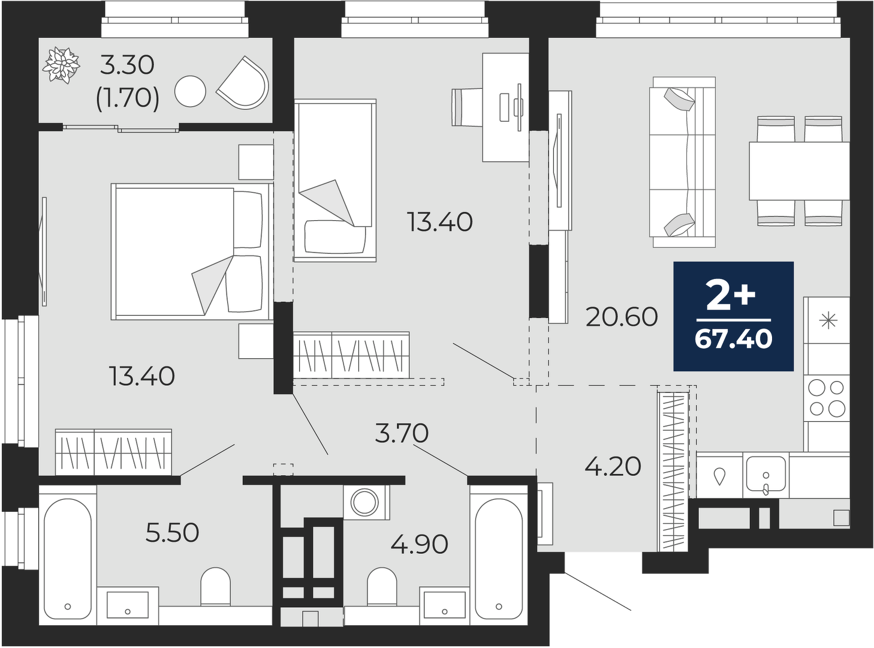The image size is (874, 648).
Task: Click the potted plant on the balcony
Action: [61, 65]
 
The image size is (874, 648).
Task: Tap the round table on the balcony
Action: [190, 91]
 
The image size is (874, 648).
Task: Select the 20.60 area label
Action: [622, 317]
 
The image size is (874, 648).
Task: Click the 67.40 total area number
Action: [733, 339]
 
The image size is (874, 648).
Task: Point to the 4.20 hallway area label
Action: [613, 467]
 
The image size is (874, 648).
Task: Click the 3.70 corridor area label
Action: [402, 433]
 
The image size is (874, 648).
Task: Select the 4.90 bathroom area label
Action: [419, 544]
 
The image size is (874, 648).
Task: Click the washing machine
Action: [366, 502]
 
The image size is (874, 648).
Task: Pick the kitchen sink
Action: [765, 475]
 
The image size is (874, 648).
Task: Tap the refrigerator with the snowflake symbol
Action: [826, 320]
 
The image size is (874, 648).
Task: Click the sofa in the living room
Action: [682, 162]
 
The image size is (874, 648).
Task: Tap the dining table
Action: [798, 171]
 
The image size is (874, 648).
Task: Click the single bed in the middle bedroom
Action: [335, 180]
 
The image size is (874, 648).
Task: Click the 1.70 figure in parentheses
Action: [128, 98]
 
